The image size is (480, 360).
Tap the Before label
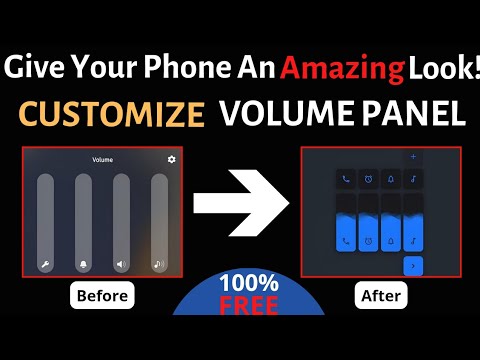101,297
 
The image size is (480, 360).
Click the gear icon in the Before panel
172,159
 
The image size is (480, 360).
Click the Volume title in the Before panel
102,159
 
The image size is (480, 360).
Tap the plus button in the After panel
414,157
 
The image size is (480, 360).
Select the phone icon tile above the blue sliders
346,179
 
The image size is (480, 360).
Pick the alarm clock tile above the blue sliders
369,179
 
